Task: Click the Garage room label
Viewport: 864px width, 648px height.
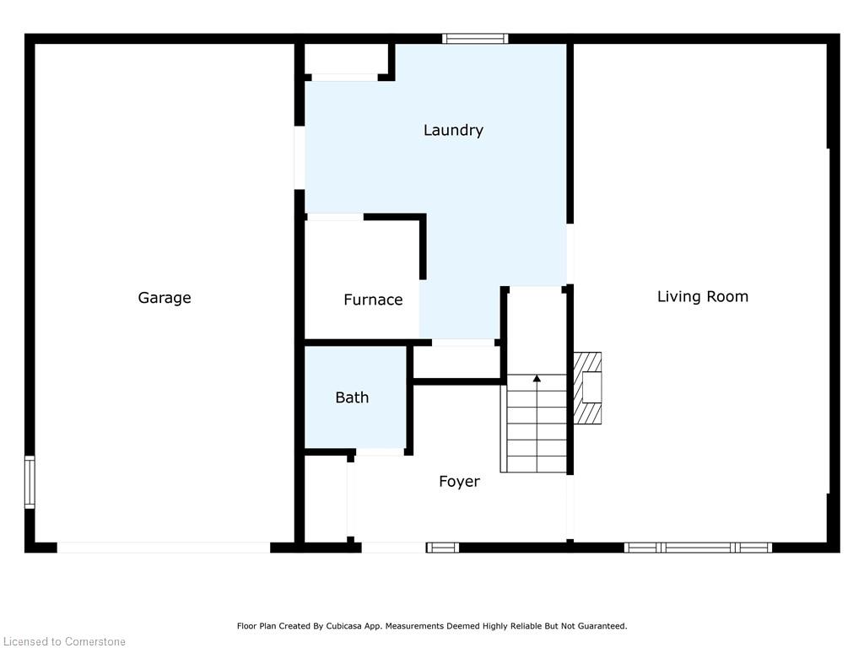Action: [165, 298]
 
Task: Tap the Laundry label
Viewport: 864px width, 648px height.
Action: [453, 131]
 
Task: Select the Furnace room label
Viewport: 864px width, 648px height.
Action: [373, 300]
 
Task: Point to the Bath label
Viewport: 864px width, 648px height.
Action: [352, 397]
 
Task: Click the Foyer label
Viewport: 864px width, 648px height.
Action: [459, 482]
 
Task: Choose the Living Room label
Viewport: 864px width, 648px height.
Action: [703, 296]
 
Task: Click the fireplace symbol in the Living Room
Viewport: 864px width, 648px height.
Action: [587, 388]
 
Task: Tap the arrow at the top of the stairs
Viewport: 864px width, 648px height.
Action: [537, 379]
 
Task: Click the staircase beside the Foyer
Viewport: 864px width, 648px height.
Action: [533, 424]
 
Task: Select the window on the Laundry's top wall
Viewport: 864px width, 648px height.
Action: [475, 39]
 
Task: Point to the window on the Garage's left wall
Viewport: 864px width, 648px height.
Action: [30, 482]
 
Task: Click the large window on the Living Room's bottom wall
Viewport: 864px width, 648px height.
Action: [698, 547]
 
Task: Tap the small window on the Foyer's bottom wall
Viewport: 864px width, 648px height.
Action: [442, 547]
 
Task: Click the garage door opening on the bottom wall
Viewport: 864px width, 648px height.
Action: [164, 547]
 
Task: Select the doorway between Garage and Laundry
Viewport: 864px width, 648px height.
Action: [300, 158]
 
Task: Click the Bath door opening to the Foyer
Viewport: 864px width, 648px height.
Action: [380, 452]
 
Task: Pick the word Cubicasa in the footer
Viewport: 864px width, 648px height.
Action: [343, 626]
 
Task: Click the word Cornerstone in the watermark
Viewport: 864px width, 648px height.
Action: [95, 641]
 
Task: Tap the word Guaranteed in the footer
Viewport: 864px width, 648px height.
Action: [603, 626]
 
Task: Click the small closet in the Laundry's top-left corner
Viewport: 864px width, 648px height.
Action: [347, 59]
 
